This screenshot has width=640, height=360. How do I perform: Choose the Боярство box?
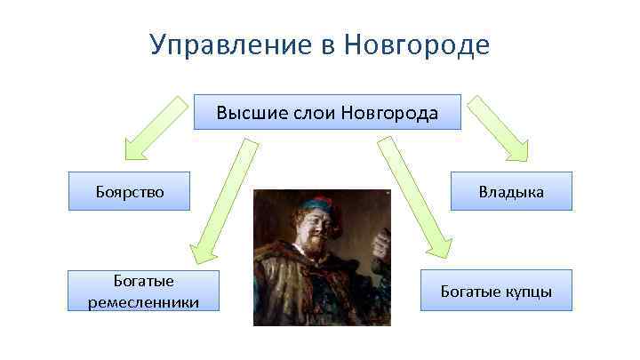pyautogui.click(x=130, y=191)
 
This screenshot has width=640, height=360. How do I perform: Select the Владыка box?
pyautogui.click(x=510, y=191)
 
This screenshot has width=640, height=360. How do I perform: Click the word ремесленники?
pyautogui.click(x=143, y=302)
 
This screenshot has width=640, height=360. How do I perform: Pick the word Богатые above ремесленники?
pyautogui.click(x=143, y=282)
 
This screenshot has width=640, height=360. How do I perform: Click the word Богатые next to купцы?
pyautogui.click(x=470, y=292)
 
